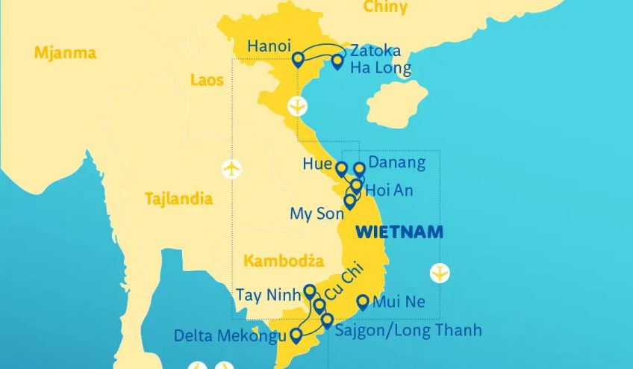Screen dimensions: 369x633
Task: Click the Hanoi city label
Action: pos(269,46)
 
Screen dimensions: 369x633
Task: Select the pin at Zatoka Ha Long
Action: pos(337,61)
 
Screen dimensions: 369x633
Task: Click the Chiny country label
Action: pos(385,7)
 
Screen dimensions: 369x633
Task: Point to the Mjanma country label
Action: pos(65,53)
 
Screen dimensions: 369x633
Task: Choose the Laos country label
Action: pos(207,80)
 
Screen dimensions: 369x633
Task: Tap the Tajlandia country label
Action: pos(178,199)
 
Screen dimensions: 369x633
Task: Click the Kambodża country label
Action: pos(283,261)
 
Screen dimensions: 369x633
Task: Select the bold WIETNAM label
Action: pos(399,232)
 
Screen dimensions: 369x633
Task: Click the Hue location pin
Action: pos(342,169)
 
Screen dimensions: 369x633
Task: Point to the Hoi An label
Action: pos(389,190)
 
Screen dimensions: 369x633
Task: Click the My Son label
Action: pos(316,214)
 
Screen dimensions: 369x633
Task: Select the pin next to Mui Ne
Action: pos(363,303)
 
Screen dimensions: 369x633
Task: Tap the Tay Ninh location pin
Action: pos(310,291)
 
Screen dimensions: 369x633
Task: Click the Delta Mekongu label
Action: pos(230,335)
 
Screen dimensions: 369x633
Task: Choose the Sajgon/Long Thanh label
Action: pos(409,329)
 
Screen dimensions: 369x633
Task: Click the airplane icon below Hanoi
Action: pos(298,106)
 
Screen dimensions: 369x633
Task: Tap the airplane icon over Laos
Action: pos(233,169)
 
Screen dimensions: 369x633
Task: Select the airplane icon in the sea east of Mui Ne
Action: pos(441,273)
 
